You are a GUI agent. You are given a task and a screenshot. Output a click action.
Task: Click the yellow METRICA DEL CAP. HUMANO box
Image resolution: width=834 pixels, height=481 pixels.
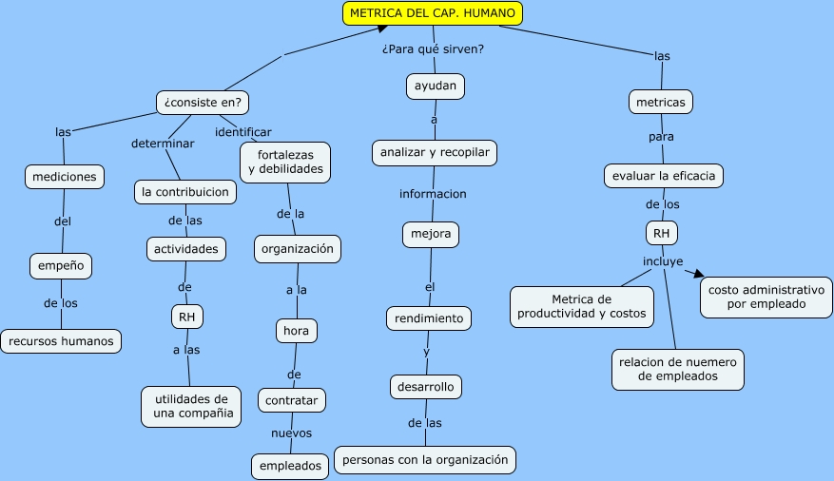click(x=433, y=13)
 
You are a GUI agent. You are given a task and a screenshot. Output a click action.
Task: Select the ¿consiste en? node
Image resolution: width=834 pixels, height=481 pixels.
click(x=202, y=102)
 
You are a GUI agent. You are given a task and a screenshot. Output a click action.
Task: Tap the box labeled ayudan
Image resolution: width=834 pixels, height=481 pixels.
click(x=436, y=87)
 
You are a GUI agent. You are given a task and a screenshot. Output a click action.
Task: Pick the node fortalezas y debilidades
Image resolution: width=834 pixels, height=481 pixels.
click(x=285, y=162)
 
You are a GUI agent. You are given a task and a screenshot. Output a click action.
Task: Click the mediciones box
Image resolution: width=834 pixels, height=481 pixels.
click(x=65, y=177)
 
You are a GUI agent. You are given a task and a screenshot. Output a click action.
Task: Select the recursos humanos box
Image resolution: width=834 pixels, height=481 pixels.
click(x=62, y=340)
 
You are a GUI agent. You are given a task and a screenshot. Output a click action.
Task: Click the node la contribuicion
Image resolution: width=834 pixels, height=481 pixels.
click(x=184, y=192)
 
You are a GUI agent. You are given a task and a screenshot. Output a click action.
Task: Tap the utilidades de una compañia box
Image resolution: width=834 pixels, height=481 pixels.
click(x=191, y=406)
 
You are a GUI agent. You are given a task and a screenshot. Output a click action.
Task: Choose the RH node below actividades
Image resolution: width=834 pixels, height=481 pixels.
click(x=187, y=317)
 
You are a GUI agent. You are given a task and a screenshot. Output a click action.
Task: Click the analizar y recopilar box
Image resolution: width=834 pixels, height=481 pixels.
click(x=435, y=152)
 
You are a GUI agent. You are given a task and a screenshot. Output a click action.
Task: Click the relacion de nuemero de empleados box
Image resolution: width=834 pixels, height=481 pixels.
click(x=678, y=369)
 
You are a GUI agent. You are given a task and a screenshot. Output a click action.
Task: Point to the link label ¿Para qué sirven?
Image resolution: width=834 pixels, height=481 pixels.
click(x=433, y=49)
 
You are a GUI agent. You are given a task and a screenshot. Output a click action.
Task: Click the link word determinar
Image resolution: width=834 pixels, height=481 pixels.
click(x=163, y=144)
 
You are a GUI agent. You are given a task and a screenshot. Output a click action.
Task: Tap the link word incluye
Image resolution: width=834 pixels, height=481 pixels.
click(x=663, y=260)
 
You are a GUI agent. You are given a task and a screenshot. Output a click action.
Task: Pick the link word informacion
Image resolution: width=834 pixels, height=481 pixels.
click(x=433, y=194)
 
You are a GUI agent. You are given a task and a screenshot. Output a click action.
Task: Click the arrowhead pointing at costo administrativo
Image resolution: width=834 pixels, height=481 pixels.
click(x=700, y=275)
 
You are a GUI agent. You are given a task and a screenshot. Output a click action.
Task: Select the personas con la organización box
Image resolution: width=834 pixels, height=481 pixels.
click(x=425, y=460)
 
